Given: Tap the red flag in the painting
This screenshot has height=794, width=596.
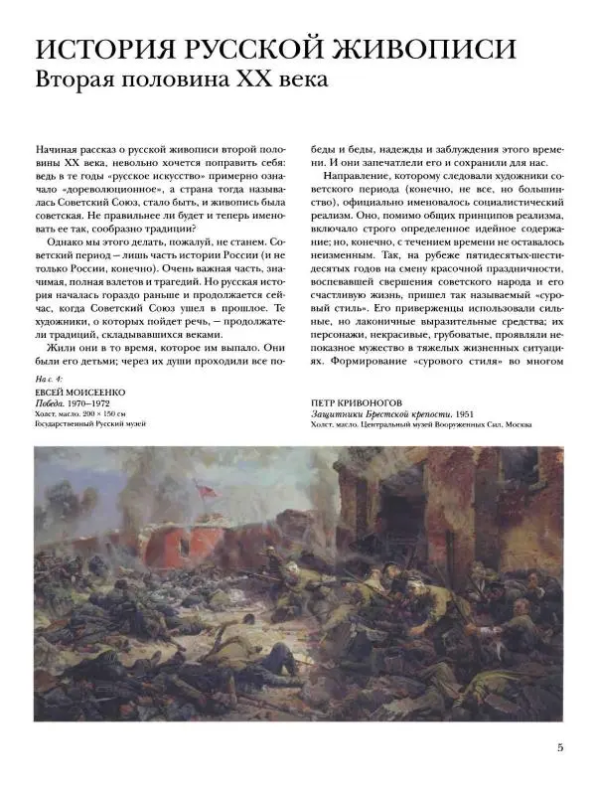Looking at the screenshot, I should click(x=205, y=489).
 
